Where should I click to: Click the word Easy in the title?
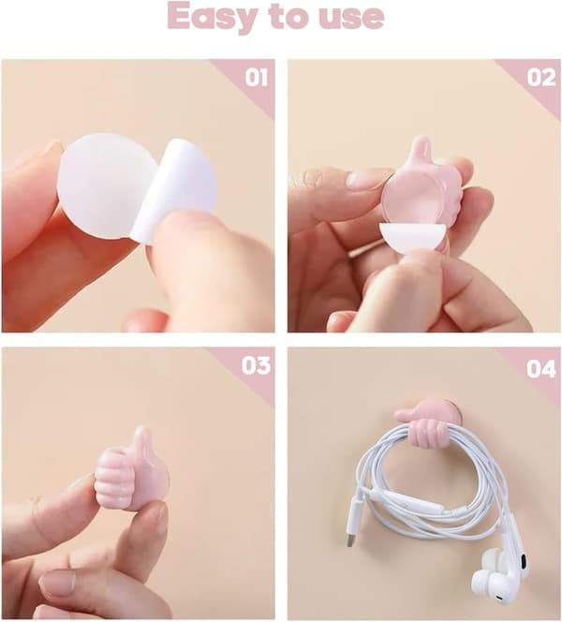[214, 16]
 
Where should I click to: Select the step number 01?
[257, 78]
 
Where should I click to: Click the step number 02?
[541, 78]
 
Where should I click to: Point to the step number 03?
[256, 365]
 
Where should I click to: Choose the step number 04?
[541, 369]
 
